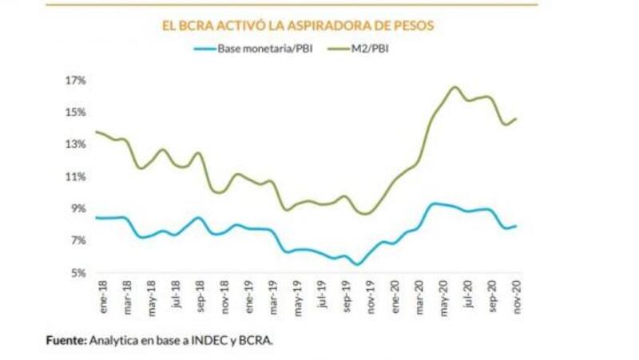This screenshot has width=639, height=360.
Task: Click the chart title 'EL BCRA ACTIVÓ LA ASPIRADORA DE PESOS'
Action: click(x=297, y=26)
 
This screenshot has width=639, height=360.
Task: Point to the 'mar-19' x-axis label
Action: click(x=273, y=296)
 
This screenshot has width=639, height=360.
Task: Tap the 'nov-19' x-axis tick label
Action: click(x=371, y=296)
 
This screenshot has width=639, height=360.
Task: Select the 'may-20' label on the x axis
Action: click(x=446, y=296)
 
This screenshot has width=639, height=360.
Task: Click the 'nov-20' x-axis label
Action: click(x=519, y=296)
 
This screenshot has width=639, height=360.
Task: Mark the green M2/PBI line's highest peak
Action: click(x=454, y=87)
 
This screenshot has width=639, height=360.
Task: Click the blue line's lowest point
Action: click(x=359, y=264)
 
